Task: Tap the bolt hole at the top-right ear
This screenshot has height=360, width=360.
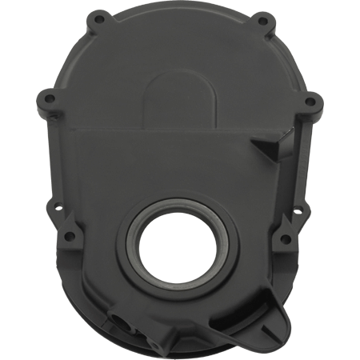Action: coord(262,17)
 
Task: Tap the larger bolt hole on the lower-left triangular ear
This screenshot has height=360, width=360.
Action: coord(70,237)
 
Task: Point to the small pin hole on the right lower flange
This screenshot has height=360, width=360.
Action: coord(298,213)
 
